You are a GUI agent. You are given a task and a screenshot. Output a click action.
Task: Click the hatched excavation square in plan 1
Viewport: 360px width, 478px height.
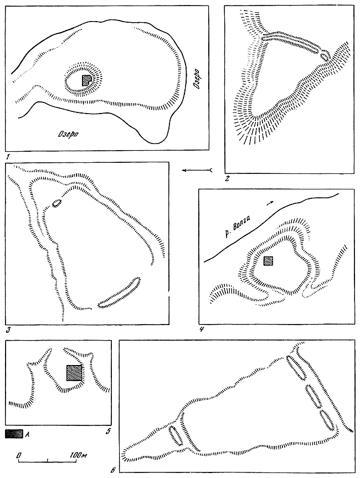(x=86, y=80)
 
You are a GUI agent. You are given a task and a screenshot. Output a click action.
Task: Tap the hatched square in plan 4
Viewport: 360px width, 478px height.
(x=268, y=261)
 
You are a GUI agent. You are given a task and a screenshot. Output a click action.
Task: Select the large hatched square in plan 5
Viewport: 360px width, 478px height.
(x=74, y=373)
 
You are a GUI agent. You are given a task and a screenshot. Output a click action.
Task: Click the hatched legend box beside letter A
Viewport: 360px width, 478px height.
(x=14, y=434)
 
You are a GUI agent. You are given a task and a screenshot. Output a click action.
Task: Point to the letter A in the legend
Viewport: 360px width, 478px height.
(x=28, y=434)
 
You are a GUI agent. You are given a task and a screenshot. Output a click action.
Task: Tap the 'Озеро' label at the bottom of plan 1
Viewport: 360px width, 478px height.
(x=68, y=133)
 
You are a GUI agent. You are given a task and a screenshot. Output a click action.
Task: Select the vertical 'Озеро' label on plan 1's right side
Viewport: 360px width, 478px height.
(x=196, y=79)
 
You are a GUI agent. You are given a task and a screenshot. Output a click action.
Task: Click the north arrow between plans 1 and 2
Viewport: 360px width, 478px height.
(x=197, y=170)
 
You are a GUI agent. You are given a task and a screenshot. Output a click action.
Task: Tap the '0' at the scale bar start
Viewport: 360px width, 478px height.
(x=19, y=455)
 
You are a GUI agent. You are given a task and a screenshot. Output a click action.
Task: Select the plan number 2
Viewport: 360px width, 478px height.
(x=227, y=179)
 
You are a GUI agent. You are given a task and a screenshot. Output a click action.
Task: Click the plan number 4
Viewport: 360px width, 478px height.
(x=202, y=329)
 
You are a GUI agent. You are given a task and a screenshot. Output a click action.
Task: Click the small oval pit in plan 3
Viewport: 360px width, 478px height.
(x=57, y=203)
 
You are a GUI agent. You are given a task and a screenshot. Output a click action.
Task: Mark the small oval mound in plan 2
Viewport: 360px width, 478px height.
(x=325, y=56)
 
